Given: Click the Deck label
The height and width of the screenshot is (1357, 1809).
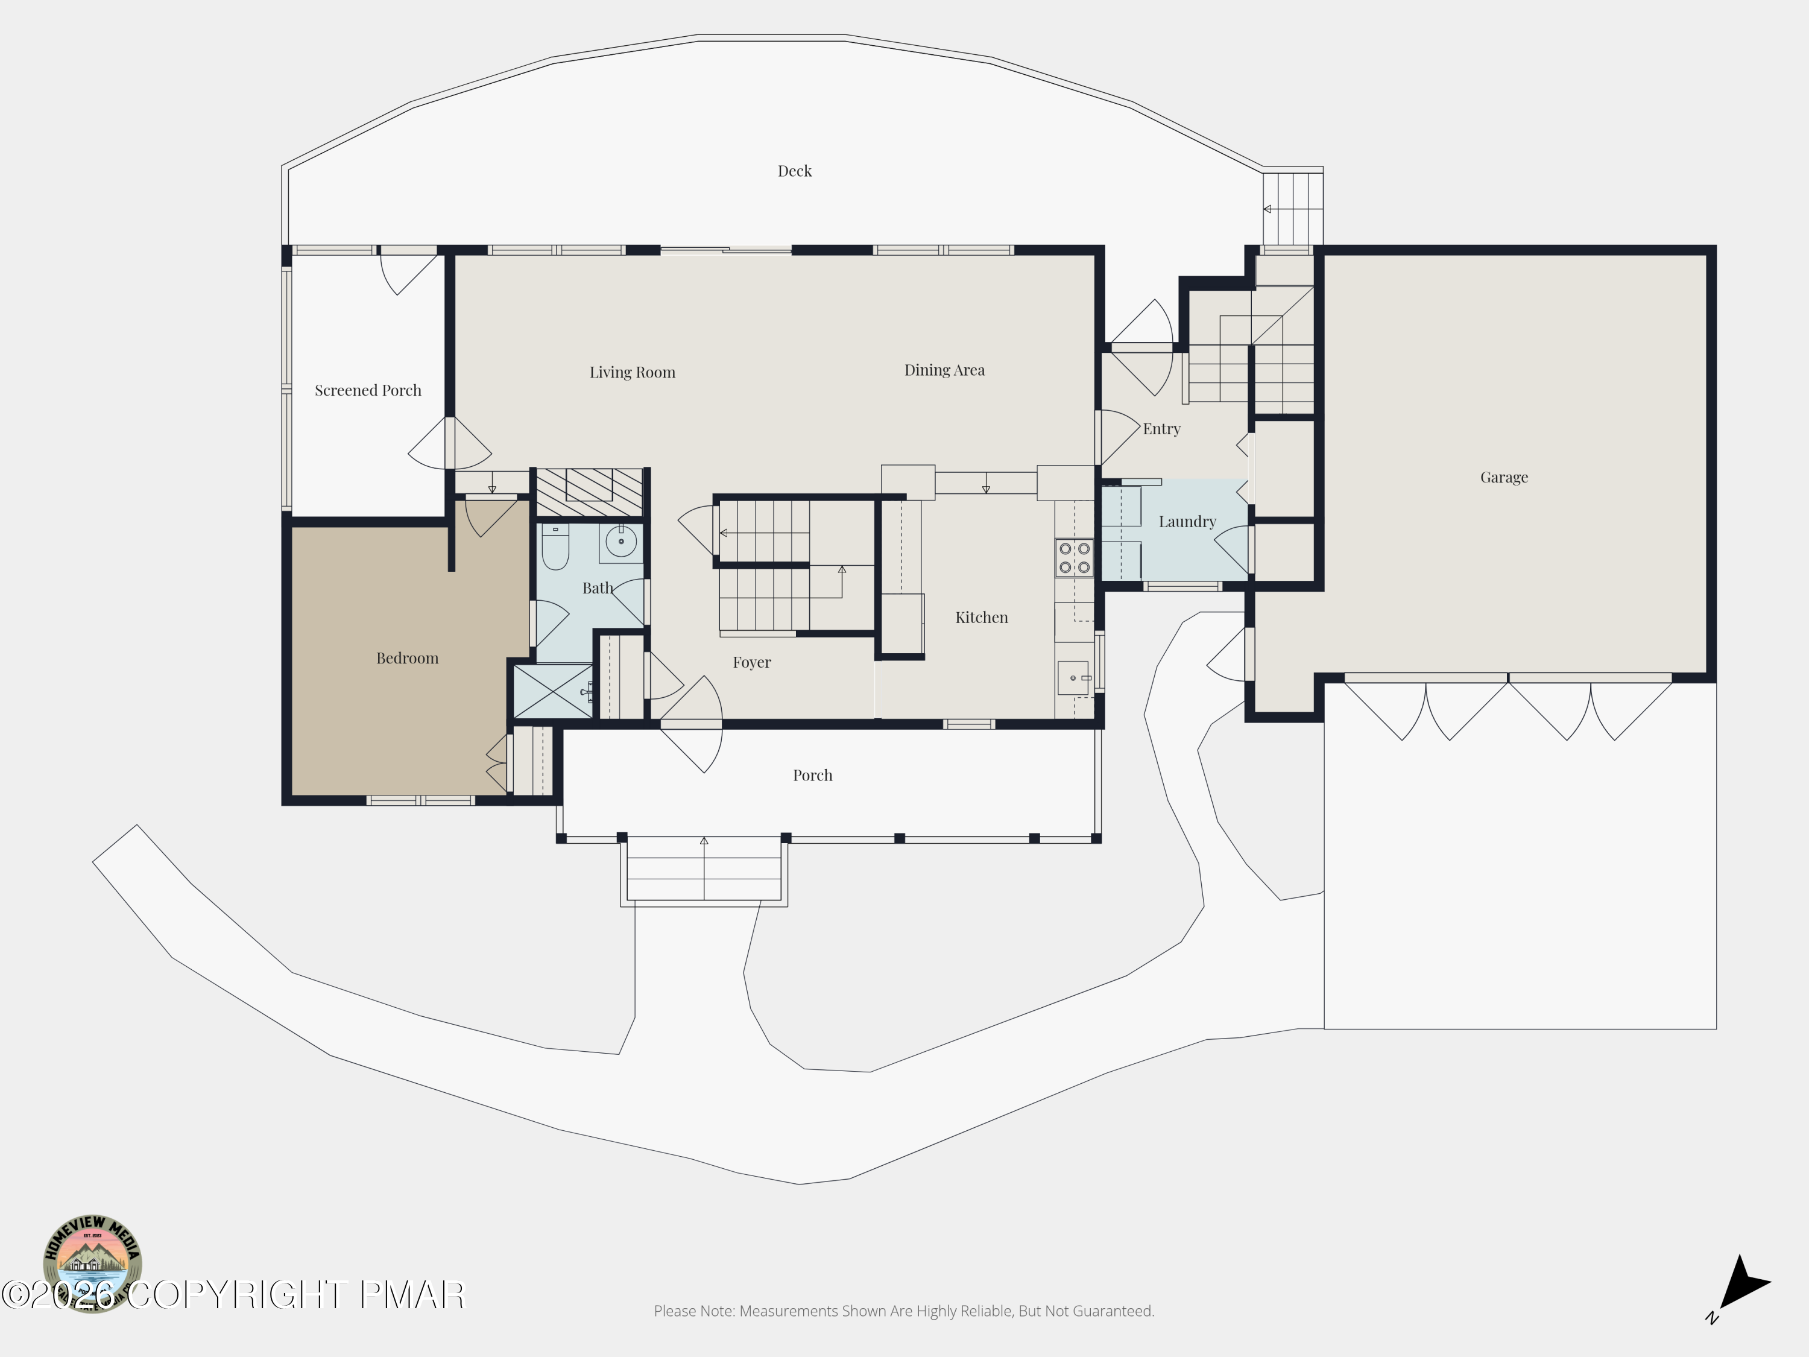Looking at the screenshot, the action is [794, 171].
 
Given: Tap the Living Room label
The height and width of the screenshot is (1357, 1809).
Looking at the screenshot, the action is [632, 372].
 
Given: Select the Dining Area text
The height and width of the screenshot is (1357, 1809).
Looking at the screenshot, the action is [944, 370].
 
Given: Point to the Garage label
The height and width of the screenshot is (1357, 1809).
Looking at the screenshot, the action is [1504, 477].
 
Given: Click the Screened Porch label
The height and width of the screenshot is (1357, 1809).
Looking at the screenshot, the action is [368, 390].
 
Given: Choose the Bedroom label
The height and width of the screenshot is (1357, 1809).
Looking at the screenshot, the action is [407, 657].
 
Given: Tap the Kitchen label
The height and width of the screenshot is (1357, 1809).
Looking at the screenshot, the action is [981, 617].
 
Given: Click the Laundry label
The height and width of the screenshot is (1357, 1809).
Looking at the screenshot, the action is [1187, 521].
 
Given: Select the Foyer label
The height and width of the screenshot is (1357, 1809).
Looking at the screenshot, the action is [751, 662].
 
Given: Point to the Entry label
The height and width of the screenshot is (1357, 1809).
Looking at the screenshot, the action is [1161, 429].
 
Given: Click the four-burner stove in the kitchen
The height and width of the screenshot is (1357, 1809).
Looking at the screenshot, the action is [1074, 558].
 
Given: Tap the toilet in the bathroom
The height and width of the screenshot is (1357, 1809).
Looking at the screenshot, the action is [555, 546].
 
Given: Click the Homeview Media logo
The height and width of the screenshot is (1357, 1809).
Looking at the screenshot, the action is [92, 1263].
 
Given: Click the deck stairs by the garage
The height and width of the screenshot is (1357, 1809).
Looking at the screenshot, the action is [1293, 209].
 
